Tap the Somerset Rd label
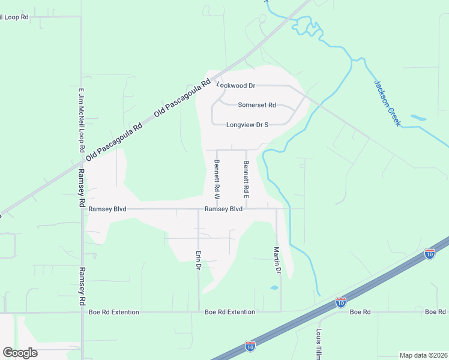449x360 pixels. [x=257, y=105]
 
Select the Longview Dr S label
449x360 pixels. [x=247, y=125]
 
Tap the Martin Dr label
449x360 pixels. [x=277, y=260]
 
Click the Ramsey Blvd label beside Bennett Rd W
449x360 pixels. [x=223, y=209]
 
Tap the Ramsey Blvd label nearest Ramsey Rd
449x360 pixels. [x=107, y=209]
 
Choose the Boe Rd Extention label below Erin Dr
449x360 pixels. [x=230, y=312]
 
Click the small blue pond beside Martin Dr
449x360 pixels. [x=274, y=288]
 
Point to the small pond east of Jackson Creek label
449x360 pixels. [x=418, y=118]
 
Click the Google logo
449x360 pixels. [x=20, y=353]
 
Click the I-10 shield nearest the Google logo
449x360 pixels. [x=250, y=346]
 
